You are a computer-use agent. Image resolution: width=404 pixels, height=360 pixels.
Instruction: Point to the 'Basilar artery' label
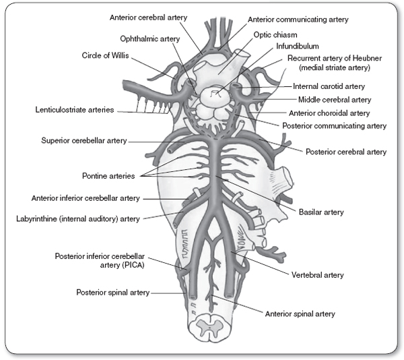(x=321, y=212)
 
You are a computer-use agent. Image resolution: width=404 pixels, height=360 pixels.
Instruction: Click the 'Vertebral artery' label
(x=318, y=275)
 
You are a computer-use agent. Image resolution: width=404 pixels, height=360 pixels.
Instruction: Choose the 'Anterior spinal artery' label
(x=300, y=313)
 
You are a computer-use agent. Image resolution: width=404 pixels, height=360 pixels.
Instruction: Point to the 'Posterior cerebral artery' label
(x=346, y=152)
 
